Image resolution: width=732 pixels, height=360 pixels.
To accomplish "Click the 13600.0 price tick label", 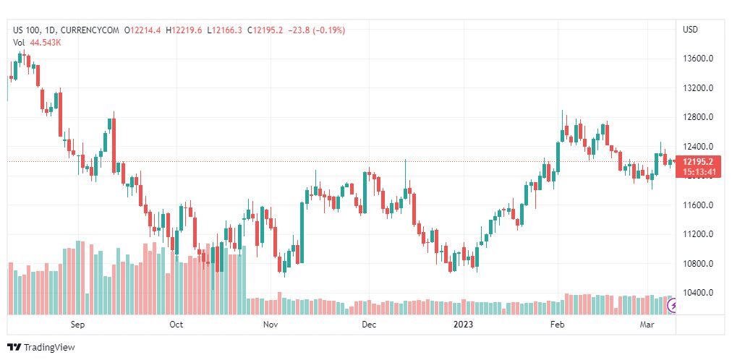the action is pos(697,59).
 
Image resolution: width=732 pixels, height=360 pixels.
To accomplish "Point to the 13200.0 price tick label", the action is pos(697,88).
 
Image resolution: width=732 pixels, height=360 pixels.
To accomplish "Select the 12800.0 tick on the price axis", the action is pos(697,117).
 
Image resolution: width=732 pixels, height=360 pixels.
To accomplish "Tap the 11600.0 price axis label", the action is pos(697,205).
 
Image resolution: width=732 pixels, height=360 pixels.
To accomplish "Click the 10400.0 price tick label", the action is pos(697,293).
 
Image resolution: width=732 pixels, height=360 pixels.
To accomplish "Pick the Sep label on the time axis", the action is pos(78,325).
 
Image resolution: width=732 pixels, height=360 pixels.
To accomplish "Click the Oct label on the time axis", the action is pos(176,325).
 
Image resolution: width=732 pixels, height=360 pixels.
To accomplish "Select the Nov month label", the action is pos(271,325).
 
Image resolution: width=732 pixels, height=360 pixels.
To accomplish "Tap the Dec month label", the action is pos(369,325).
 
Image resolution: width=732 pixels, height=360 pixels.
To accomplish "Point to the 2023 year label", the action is pos(463,325).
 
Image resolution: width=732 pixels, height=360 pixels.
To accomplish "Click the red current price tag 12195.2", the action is pos(697,162).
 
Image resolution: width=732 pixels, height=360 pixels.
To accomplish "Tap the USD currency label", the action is pos(691,30).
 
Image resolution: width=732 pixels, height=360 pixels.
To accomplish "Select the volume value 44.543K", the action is pos(46,43).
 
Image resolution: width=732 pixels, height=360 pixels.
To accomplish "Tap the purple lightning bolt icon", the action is pos(673,306).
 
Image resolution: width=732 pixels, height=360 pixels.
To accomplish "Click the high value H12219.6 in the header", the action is pos(187,31).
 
